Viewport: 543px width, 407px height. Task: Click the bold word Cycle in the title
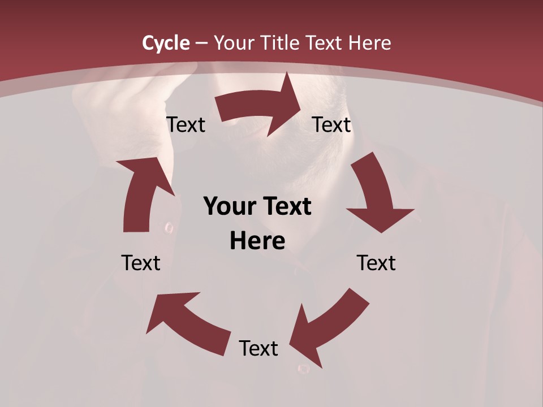tap(166, 43)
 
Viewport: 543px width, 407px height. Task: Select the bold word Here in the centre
tap(257, 241)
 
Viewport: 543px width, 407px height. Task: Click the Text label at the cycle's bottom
tap(258, 348)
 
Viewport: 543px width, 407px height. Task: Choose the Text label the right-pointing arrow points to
tap(331, 124)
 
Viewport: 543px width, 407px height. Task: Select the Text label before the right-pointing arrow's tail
tap(186, 124)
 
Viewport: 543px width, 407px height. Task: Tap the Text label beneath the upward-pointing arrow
tap(141, 263)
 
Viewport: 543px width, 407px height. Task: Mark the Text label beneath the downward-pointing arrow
tap(376, 263)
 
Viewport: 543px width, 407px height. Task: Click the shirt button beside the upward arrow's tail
tap(169, 228)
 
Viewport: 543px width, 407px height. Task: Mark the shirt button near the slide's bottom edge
tap(304, 369)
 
